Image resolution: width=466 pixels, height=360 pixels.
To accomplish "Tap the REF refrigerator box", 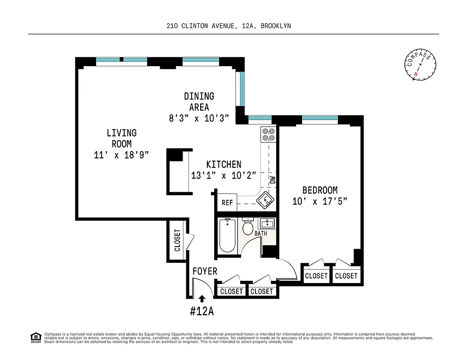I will click(227, 203).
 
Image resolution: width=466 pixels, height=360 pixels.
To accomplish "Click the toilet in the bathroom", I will click(247, 227).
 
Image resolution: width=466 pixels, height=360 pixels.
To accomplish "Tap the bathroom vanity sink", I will click(268, 223).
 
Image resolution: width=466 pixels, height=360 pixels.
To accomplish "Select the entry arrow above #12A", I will click(202, 297).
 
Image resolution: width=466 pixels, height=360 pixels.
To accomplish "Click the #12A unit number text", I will click(202, 311).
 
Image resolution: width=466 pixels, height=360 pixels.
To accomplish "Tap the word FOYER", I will click(205, 271).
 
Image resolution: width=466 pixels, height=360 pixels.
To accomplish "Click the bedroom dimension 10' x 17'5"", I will click(319, 201).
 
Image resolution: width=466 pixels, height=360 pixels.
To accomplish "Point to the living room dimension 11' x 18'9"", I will click(121, 155).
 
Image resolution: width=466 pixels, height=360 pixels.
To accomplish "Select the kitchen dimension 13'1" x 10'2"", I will click(224, 175).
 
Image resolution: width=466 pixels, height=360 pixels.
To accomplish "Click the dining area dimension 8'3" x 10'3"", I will click(199, 118).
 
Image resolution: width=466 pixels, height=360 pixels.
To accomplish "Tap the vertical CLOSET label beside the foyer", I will click(177, 240).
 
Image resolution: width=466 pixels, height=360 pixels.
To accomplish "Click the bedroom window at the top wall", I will click(319, 119).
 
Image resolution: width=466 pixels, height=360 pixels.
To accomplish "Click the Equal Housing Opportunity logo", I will click(35, 337).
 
